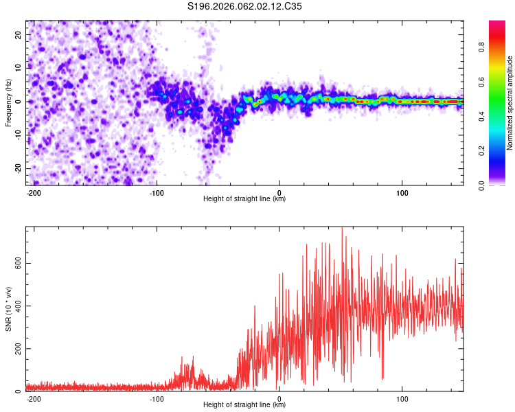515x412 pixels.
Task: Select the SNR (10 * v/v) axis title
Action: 8,309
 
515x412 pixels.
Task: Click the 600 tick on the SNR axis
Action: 15,264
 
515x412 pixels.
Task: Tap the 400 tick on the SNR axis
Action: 15,306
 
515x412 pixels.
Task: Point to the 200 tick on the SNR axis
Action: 15,349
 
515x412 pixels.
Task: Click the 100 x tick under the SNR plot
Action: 402,398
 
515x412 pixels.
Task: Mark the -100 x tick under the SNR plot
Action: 156,398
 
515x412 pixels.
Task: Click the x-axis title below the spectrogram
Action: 244,199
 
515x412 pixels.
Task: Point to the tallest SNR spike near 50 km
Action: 342,229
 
